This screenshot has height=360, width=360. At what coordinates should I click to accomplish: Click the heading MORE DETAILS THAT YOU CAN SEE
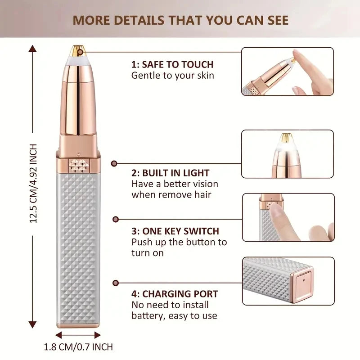coord(180,20)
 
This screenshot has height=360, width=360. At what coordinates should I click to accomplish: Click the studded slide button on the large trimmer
coord(78,166)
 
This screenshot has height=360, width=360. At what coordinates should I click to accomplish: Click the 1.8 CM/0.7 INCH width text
coord(78,347)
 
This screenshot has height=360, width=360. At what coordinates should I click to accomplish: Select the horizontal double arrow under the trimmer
coord(78,335)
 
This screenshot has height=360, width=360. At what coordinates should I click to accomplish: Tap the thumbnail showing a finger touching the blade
coord(288,72)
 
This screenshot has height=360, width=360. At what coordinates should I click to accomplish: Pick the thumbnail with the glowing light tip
coord(288,154)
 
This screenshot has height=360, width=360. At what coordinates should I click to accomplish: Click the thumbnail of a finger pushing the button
coord(288,217)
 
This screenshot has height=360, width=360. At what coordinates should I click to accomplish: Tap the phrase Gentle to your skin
coord(173,76)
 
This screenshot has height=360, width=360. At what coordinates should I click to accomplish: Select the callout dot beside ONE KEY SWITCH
coord(116,219)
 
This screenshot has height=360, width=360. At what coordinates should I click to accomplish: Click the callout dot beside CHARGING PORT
coord(116,283)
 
